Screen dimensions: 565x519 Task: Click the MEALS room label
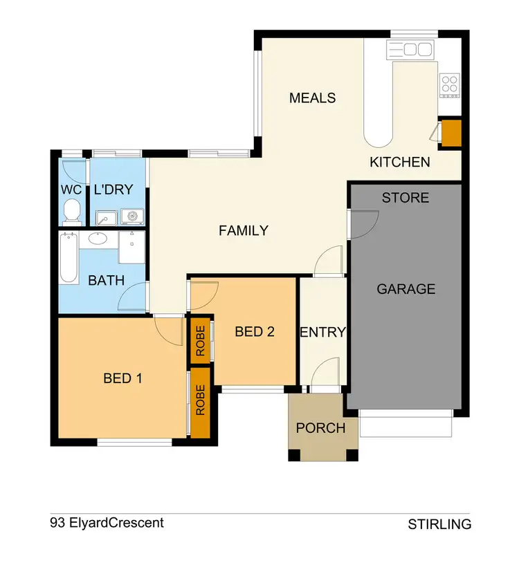coord(312,98)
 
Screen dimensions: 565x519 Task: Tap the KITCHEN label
coord(400,163)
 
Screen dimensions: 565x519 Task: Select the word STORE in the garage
coord(406,198)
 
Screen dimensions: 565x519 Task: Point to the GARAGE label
coord(406,289)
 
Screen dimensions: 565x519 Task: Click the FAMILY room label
coord(244,231)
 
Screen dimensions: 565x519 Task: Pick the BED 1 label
coord(122,378)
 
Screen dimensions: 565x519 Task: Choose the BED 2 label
coord(255,332)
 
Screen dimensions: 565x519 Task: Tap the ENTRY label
coord(322,332)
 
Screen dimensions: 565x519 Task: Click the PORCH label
coord(321,428)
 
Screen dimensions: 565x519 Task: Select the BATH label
coord(106,281)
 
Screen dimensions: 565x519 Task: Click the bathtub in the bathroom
coord(68,259)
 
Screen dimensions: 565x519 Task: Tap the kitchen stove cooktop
coord(449,83)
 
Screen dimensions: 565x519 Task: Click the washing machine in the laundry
coord(131,217)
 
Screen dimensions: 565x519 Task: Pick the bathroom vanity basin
coord(98,240)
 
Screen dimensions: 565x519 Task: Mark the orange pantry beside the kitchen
coord(451,134)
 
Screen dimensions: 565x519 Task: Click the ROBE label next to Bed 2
coord(200,340)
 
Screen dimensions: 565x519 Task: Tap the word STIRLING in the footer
coord(439,524)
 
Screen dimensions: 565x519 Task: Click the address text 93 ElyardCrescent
coord(107,523)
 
